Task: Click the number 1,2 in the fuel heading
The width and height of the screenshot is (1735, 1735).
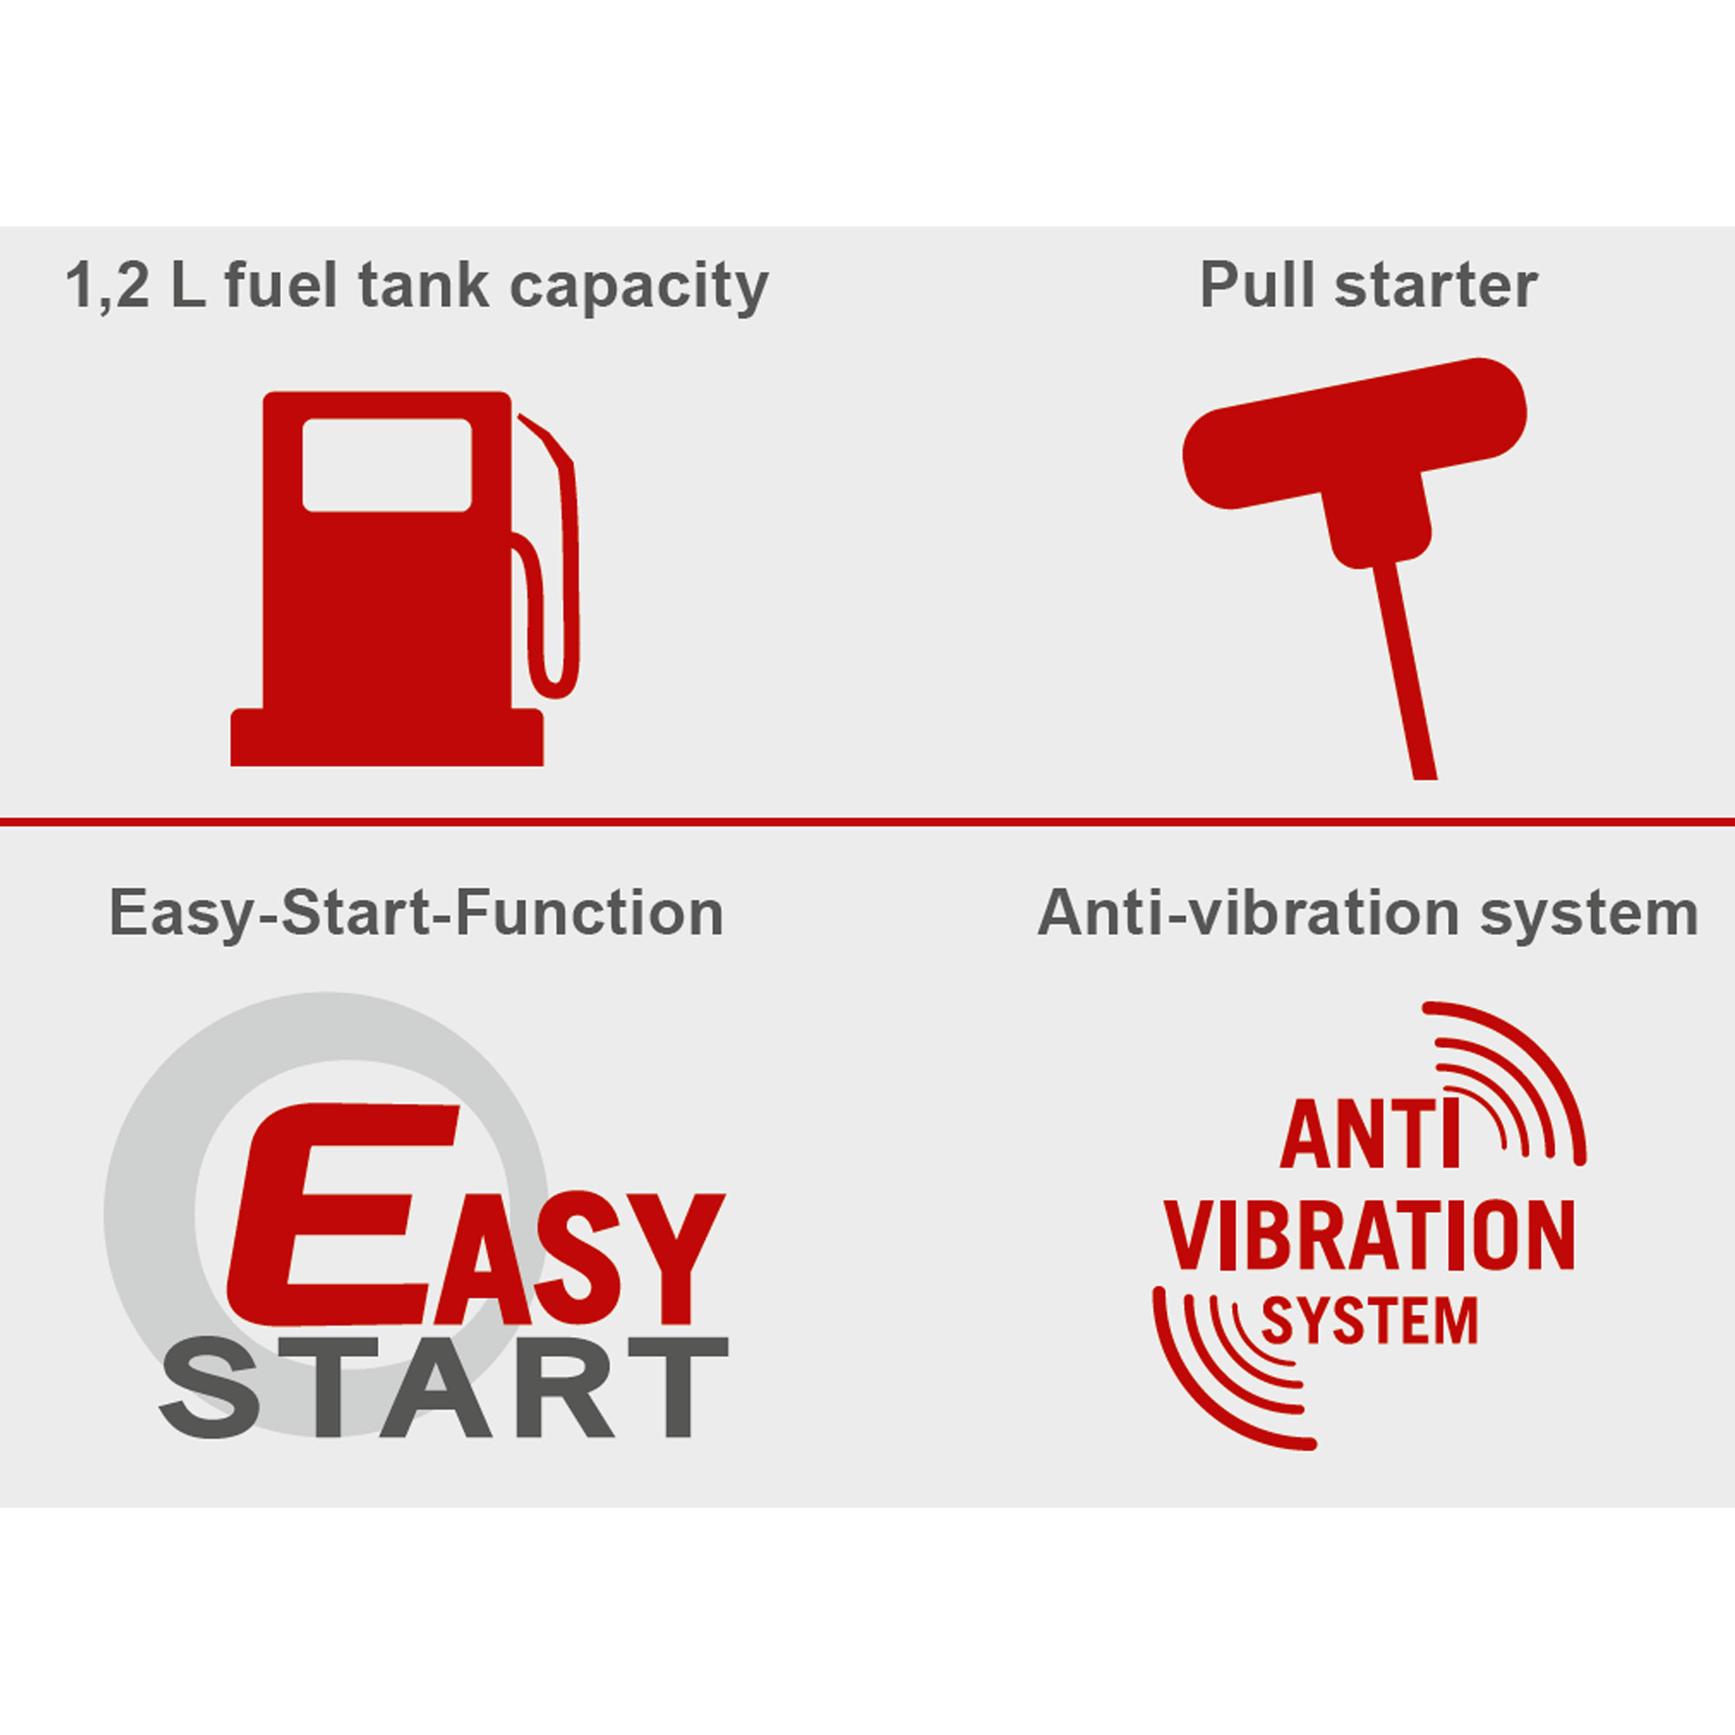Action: [x=108, y=286]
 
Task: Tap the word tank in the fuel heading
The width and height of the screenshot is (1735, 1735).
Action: [x=424, y=285]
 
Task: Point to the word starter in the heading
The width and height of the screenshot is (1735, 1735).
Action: [x=1436, y=286]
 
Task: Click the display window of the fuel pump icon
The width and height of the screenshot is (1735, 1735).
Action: [x=387, y=465]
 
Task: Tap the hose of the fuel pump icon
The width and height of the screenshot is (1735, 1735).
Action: [x=546, y=557]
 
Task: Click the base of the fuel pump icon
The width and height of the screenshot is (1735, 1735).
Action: [x=387, y=737]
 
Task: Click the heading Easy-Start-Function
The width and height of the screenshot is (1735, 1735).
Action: [x=416, y=914]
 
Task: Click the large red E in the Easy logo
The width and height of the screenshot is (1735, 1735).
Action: [x=341, y=1213]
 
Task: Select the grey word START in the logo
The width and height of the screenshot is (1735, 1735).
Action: [x=443, y=1387]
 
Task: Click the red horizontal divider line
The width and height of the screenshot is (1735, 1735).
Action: [x=867, y=821]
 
